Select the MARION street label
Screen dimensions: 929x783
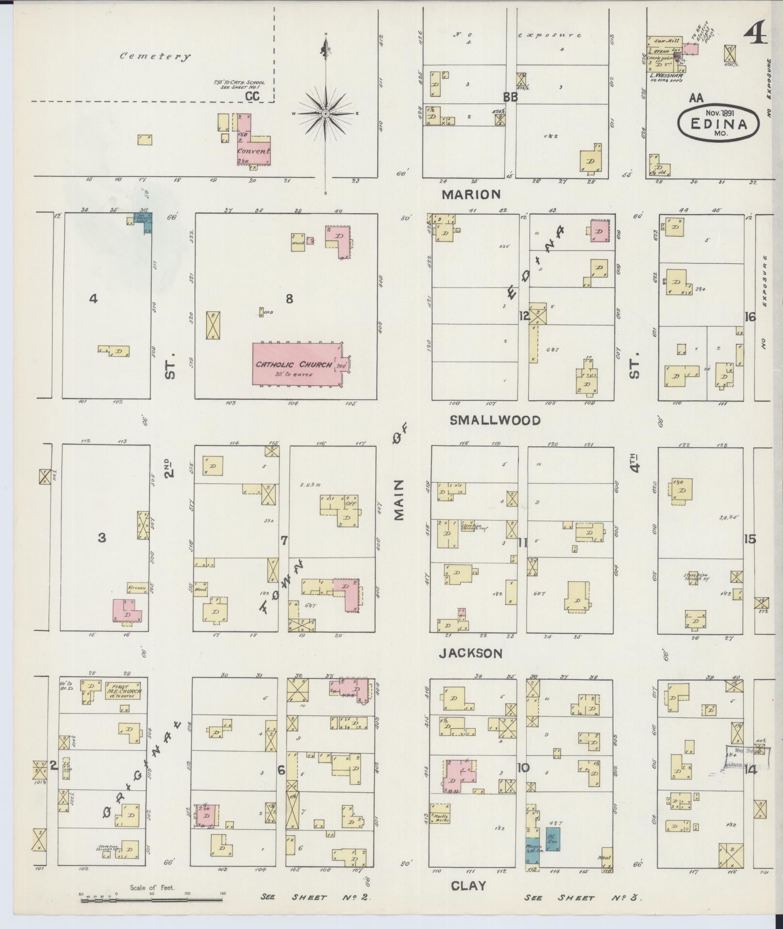pos(471,195)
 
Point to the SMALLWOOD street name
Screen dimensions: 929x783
pos(495,421)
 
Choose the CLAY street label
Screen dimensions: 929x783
pos(468,886)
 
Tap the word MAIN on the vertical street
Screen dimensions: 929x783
pos(400,500)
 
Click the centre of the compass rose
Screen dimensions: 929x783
pos(326,114)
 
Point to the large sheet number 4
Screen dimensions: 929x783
pos(756,34)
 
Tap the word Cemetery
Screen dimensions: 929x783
pos(155,56)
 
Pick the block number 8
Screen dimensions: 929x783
pos(289,299)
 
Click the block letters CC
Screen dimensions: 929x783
pos(252,97)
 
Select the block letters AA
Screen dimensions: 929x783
pos(696,98)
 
